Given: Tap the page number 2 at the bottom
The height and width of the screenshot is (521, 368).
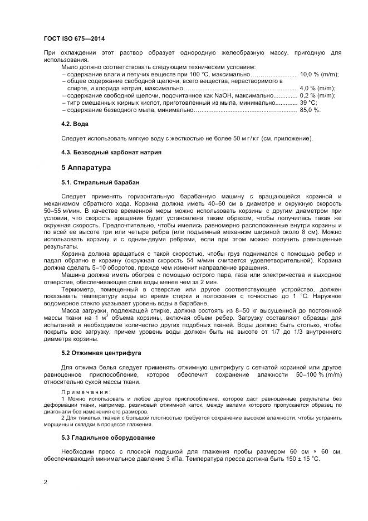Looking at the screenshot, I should (x=45, y=481).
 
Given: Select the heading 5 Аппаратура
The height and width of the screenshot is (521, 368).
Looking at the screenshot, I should (x=86, y=167).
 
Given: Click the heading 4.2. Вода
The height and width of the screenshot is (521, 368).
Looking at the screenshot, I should (x=75, y=123).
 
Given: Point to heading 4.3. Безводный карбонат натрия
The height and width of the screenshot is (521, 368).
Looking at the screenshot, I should (x=111, y=152).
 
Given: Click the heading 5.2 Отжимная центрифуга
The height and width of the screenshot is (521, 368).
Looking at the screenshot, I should (x=101, y=353).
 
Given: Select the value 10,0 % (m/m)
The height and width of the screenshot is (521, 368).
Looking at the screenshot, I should (x=318, y=74).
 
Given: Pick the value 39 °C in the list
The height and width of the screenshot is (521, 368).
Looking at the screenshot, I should (x=308, y=103).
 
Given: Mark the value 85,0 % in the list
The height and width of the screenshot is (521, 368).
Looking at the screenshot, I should (x=310, y=110).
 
